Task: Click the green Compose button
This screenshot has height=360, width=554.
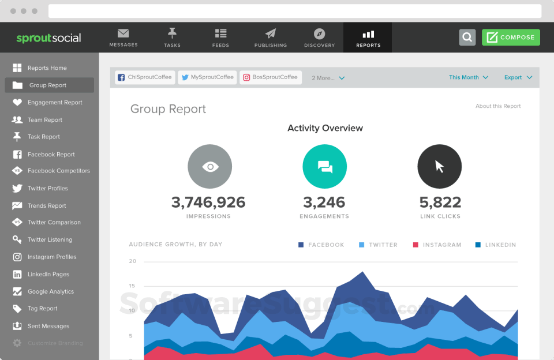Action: tap(511, 37)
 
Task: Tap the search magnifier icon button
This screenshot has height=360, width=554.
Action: tap(467, 37)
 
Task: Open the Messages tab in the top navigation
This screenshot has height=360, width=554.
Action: tap(123, 37)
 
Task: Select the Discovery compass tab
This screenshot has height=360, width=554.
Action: tap(319, 37)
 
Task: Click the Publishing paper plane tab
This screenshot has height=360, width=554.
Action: tap(271, 37)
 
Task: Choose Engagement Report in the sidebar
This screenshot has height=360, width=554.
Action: tap(55, 103)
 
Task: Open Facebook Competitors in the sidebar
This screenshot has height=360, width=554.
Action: tap(58, 171)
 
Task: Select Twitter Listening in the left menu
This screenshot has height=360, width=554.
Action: tap(50, 239)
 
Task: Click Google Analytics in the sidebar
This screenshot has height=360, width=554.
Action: tap(50, 291)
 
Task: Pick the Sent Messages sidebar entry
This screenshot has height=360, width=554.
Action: tap(48, 326)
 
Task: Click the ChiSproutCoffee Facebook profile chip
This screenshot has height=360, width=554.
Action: tap(145, 77)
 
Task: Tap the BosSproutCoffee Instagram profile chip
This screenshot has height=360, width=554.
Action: tap(270, 77)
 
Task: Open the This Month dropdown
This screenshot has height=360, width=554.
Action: tap(468, 77)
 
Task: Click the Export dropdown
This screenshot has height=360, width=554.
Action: tap(518, 77)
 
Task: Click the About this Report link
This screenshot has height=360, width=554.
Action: tap(498, 106)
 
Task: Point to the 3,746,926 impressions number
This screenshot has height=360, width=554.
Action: tap(208, 202)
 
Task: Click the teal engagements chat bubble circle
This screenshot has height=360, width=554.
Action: tap(325, 167)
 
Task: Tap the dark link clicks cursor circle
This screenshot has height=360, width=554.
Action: tap(439, 167)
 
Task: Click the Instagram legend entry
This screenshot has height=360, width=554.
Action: tap(437, 245)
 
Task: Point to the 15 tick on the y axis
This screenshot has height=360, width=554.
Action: tap(133, 286)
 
